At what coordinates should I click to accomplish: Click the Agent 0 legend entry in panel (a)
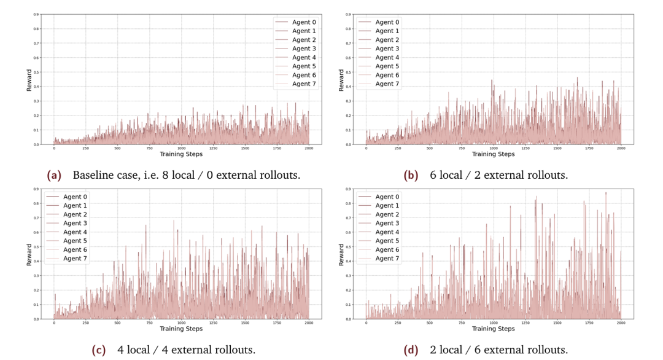tap(304, 22)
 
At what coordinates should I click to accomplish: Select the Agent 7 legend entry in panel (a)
tap(304, 84)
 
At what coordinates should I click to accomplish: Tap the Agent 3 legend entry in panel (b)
tap(387, 49)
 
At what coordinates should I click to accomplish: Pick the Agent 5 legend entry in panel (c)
tap(76, 241)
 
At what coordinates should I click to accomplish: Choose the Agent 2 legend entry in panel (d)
tap(387, 214)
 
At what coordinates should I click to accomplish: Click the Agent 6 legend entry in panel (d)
tap(387, 249)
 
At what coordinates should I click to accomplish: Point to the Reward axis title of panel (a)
tap(29, 80)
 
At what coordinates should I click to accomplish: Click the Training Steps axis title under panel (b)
tap(494, 154)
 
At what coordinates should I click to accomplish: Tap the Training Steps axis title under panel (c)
tap(181, 329)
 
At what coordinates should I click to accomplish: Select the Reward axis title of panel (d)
tap(341, 254)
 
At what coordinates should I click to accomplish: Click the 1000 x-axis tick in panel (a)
tap(181, 148)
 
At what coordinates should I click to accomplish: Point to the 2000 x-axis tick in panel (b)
tap(621, 148)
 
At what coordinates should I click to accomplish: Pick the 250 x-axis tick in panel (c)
tap(86, 323)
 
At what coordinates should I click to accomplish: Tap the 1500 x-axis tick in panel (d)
tap(557, 323)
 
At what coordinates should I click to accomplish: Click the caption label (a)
tap(55, 175)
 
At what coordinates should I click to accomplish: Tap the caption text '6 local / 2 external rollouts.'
tap(498, 175)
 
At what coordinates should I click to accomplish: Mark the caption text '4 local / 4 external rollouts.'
tap(186, 350)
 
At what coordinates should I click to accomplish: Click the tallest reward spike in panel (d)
tap(605, 193)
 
